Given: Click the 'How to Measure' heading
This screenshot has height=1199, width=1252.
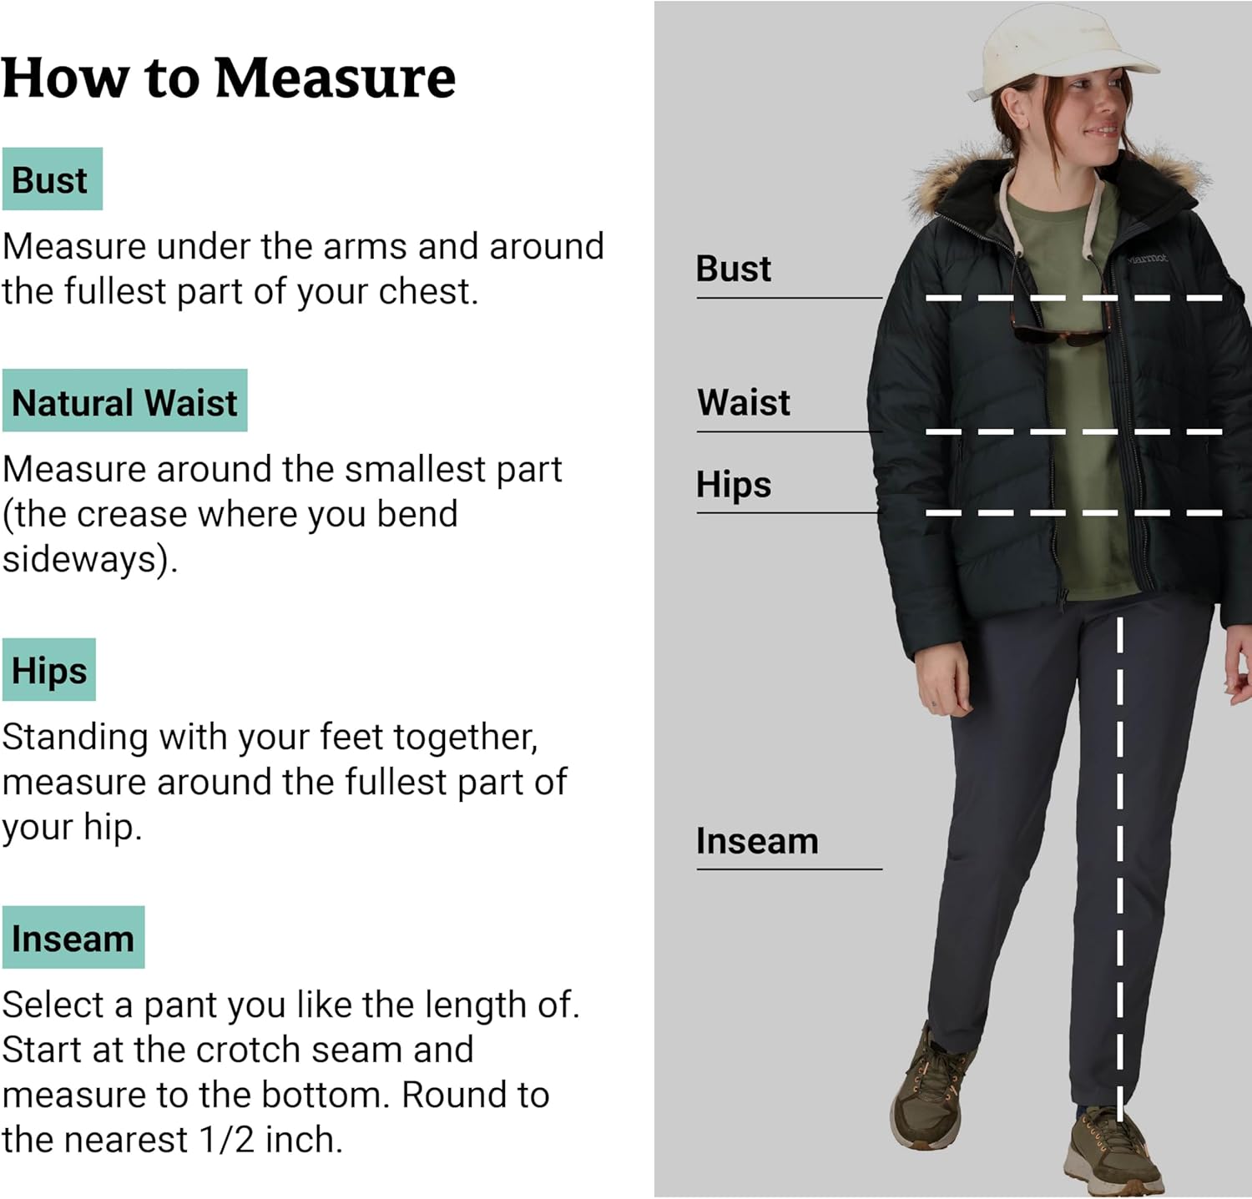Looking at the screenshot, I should click(228, 79).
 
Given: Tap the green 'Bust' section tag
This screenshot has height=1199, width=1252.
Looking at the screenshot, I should click(52, 180).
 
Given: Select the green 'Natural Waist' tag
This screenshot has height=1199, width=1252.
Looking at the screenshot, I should click(125, 402).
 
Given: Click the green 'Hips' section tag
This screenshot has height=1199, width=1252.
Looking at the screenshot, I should click(49, 671).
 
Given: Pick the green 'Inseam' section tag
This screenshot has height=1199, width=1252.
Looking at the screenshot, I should click(73, 939).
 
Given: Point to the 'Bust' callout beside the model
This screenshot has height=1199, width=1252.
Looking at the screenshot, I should click(734, 270).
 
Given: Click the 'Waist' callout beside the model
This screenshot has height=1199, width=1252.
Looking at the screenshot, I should click(744, 403).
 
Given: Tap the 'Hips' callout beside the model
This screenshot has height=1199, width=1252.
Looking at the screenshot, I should click(734, 485).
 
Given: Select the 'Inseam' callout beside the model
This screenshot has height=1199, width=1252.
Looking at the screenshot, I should click(757, 842).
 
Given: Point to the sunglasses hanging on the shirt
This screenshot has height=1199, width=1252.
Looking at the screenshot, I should click(1060, 334).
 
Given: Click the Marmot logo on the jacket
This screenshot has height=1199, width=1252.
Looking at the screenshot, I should click(1147, 259).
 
